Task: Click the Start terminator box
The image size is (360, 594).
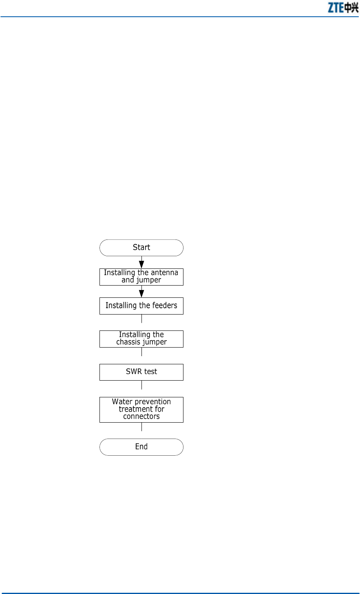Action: point(141,248)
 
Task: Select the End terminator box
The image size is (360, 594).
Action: point(141,447)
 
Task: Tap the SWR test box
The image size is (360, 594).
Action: point(141,372)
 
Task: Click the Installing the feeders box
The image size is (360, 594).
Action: point(141,306)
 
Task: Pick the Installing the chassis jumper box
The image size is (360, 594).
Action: point(141,339)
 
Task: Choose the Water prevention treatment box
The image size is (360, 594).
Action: point(141,409)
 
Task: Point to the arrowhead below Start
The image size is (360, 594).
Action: point(141,264)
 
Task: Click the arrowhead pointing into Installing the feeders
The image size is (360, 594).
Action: point(141,293)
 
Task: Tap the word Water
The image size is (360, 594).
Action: point(121,402)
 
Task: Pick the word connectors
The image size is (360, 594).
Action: point(141,417)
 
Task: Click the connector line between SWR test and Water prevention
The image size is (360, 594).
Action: point(141,385)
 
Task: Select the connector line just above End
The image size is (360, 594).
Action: point(141,427)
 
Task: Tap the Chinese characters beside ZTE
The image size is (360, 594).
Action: point(351,8)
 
